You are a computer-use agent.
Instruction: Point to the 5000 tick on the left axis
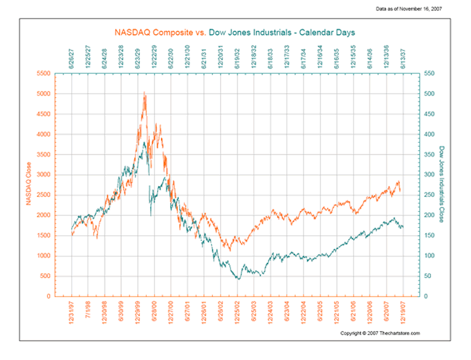tap(43, 94)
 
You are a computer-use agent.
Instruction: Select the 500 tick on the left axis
tap(44, 276)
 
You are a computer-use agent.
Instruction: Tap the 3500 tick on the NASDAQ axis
tap(43, 154)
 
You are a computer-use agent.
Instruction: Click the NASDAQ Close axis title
tap(29, 183)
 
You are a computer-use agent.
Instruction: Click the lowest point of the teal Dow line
tap(239, 279)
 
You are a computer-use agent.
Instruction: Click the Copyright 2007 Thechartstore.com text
tap(379, 333)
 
